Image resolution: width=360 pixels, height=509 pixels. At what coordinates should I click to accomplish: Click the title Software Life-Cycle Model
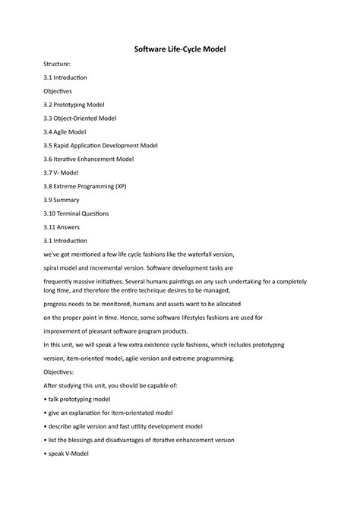(x=180, y=49)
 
